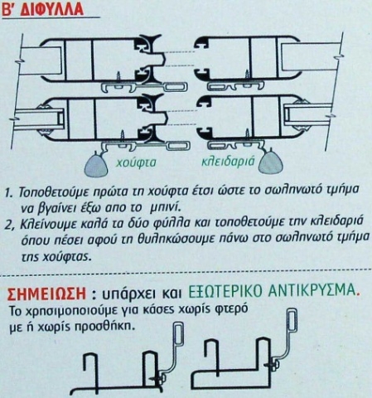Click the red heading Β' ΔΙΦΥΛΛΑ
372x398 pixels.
tap(42, 9)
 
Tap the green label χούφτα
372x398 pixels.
tap(136, 163)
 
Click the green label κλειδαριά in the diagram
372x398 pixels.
tap(228, 161)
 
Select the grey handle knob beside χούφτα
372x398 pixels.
tap(96, 165)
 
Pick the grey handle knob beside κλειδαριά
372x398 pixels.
tap(271, 163)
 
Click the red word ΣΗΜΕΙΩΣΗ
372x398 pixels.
tap(46, 294)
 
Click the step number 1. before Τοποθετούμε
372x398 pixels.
tap(9, 192)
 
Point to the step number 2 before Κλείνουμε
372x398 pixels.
tap(11, 226)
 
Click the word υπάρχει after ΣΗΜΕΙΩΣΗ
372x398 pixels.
tap(127, 294)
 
